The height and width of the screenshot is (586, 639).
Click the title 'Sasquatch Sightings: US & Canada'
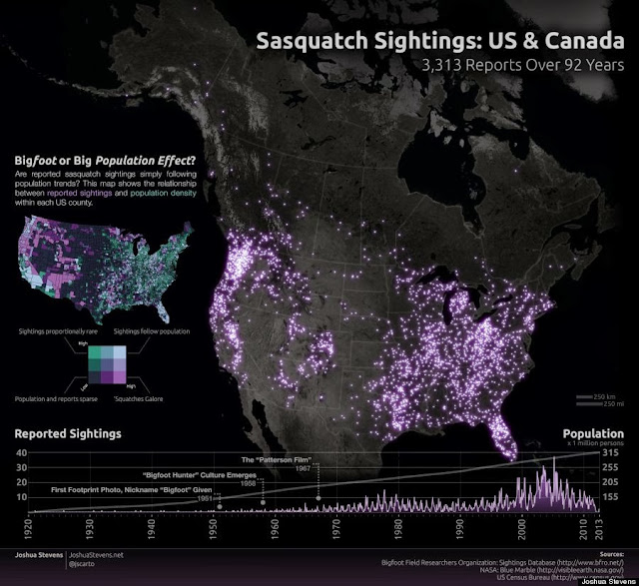440,42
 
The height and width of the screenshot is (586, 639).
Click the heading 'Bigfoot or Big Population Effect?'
105,159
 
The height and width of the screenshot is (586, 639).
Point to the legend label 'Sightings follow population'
152,329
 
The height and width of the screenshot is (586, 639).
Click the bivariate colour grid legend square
106,362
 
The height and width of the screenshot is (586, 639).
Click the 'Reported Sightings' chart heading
67,434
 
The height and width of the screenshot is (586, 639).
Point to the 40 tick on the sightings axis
22,454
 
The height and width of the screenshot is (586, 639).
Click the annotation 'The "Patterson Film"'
277,459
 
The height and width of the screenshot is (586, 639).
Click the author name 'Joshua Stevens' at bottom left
31,552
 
